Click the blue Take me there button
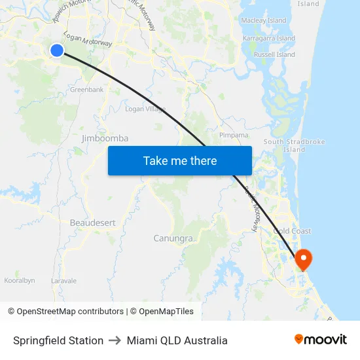[180, 160]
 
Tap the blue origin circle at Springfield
[57, 50]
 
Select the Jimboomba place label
[105, 138]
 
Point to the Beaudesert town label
[92, 223]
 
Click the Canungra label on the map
[173, 238]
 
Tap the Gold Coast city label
[292, 231]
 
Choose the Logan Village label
[145, 109]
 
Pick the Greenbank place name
[86, 89]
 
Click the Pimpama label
[234, 135]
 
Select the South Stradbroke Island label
[294, 145]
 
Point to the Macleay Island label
[264, 20]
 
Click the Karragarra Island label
[268, 38]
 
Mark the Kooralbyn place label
[19, 280]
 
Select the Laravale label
[64, 281]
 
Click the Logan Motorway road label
[88, 39]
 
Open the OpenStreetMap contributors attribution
[65, 312]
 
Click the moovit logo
[320, 340]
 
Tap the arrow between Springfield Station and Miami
[115, 340]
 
